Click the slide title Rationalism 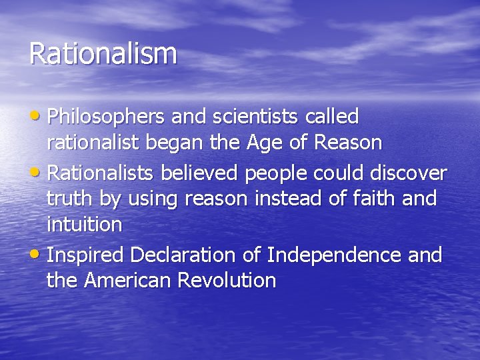click(x=103, y=54)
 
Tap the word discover click(x=408, y=173)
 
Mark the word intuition click(x=85, y=225)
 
